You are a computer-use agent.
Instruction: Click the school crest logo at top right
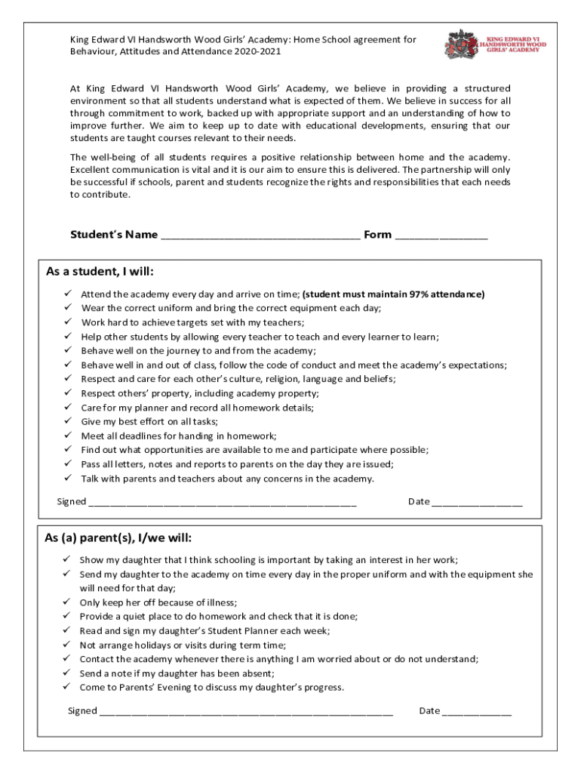(x=461, y=44)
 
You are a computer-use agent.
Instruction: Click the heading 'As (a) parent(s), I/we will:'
(x=118, y=538)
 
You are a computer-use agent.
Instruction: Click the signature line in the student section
(x=222, y=503)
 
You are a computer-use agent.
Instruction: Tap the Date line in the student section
(x=477, y=503)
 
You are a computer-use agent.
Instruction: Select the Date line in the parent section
(x=476, y=712)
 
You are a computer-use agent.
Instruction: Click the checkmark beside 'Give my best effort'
(x=66, y=421)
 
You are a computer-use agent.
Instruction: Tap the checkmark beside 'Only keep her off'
(x=66, y=602)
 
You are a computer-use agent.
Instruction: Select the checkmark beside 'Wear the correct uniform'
(x=66, y=308)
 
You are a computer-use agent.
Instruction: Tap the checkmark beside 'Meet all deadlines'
(x=66, y=436)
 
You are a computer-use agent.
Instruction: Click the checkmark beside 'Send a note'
(x=66, y=673)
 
